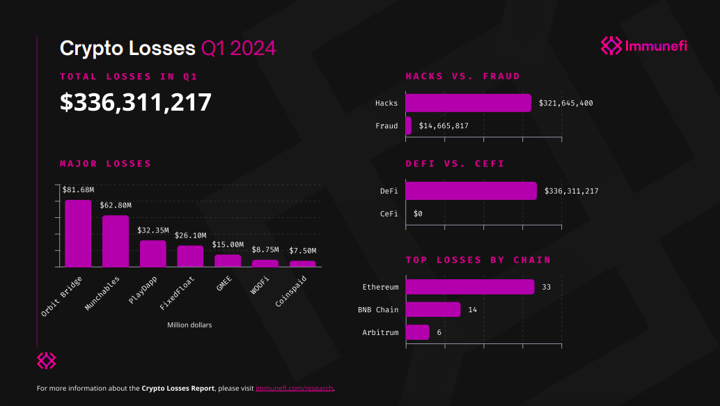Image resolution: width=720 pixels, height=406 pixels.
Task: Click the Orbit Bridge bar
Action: click(78, 233)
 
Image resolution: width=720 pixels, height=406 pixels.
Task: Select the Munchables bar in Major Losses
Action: click(116, 241)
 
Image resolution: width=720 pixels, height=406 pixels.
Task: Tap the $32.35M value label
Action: click(153, 231)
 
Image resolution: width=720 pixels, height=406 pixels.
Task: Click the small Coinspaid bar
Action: click(302, 264)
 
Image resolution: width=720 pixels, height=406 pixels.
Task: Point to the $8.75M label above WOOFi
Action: click(265, 250)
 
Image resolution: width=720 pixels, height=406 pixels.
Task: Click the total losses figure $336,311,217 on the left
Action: click(136, 102)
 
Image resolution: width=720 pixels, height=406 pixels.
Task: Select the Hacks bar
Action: click(468, 103)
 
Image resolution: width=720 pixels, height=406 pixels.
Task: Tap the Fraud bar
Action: click(408, 126)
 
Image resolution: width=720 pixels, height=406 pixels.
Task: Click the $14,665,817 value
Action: click(444, 126)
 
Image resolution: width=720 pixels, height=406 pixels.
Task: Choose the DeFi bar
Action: click(471, 191)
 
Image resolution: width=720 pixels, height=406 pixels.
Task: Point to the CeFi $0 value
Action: click(418, 214)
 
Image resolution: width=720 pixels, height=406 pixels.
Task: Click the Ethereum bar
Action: click(469, 287)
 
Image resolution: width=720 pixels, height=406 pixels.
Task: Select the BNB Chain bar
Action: click(432, 309)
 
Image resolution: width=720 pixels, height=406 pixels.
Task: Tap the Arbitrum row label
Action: click(380, 332)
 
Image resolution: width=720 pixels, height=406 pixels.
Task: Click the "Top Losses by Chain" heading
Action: click(478, 260)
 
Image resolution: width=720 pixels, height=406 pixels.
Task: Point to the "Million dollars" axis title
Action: click(189, 325)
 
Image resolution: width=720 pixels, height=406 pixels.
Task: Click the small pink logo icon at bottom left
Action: click(46, 361)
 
